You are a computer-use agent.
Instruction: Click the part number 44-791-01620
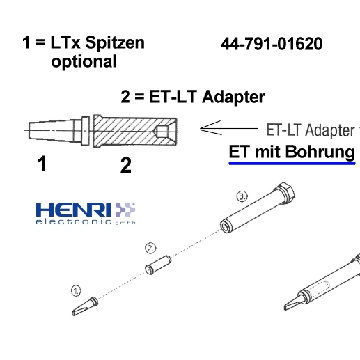tap(272, 44)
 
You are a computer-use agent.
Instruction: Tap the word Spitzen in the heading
tap(115, 43)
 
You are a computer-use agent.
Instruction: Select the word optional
tap(84, 62)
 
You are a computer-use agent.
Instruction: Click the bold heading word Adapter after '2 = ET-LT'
tap(233, 97)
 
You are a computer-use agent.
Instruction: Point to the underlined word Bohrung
tap(320, 152)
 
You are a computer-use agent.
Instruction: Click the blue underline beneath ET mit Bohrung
tap(292, 164)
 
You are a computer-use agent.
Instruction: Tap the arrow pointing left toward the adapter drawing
tap(229, 128)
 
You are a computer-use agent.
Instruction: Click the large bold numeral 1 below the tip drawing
tap(42, 164)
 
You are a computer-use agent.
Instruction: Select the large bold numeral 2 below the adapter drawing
tap(126, 165)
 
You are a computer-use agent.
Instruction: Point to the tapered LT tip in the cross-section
tap(58, 131)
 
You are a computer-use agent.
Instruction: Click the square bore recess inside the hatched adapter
tap(162, 132)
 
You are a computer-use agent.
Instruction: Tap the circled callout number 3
tap(242, 196)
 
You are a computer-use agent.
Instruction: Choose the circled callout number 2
tap(150, 249)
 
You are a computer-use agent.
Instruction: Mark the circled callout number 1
tap(76, 291)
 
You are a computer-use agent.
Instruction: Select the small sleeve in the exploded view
tap(158, 265)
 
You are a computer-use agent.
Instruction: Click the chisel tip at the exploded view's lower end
tap(85, 306)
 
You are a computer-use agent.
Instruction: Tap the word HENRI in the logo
tap(73, 210)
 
